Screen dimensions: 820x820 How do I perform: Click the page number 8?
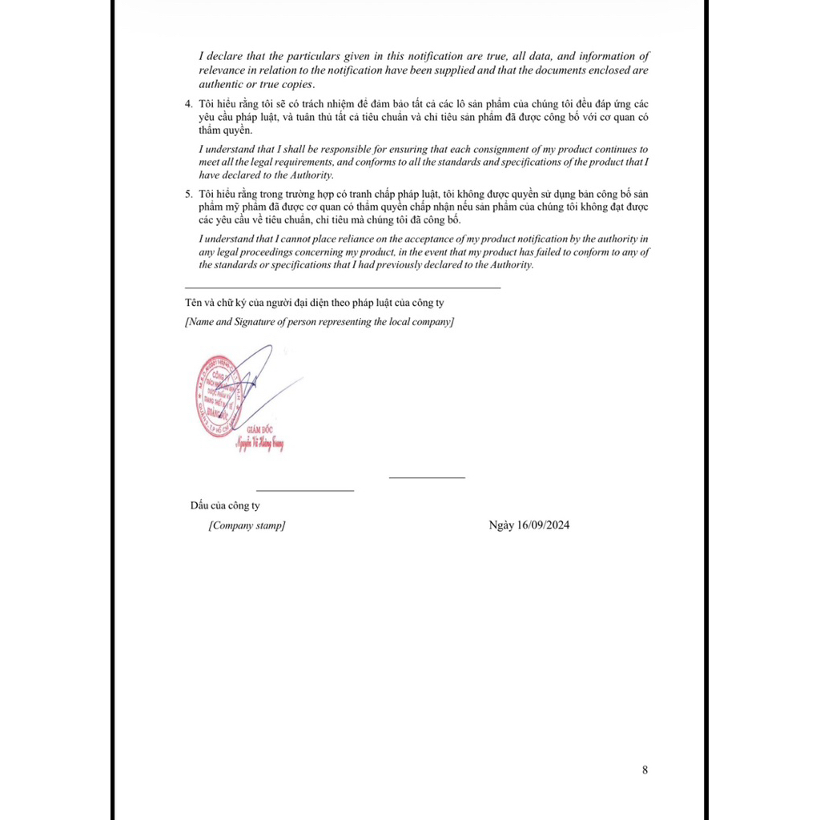coord(645,770)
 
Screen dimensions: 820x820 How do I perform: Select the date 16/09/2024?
coord(544,525)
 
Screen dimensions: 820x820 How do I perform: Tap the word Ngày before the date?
coord(502,525)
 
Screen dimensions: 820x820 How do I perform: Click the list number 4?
coord(188,105)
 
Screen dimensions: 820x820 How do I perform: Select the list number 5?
coord(188,195)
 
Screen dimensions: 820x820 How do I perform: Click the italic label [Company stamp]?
coord(247,526)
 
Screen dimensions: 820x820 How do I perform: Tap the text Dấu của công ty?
coord(225,506)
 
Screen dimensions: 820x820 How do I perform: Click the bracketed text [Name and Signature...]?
coord(320,322)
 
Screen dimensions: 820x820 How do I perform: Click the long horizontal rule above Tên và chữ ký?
coord(343,287)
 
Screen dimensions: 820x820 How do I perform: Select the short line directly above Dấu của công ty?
coord(304,490)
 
